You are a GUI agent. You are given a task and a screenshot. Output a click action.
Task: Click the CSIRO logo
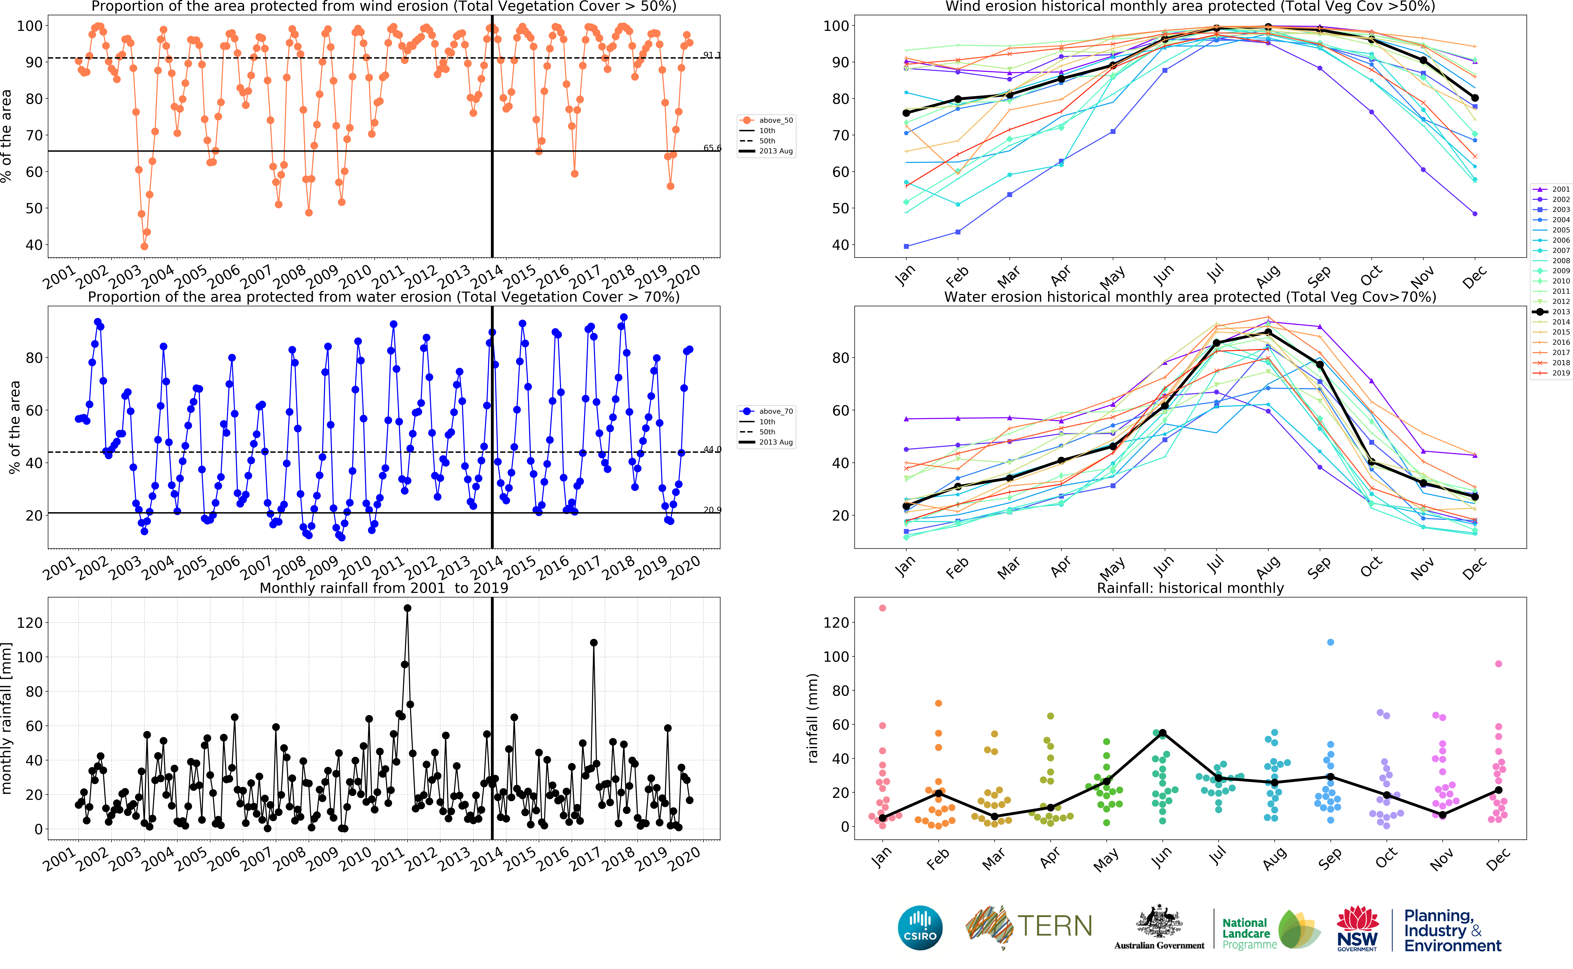coord(920,927)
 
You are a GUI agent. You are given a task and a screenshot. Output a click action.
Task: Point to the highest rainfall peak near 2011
coord(407,608)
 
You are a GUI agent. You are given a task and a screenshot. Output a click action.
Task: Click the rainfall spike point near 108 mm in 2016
coord(594,643)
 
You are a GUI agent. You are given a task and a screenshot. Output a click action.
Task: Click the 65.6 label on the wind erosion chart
coord(711,148)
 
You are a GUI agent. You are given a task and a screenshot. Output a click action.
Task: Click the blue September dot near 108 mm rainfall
coord(1331,642)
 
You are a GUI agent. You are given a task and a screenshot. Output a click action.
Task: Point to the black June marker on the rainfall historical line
coord(1162,733)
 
